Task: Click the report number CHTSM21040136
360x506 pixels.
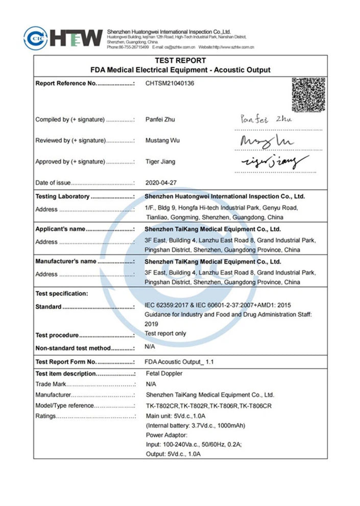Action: tap(170, 83)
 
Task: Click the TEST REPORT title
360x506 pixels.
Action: tap(180, 60)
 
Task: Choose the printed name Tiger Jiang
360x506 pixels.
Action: tap(160, 162)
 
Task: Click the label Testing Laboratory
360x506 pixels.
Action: tap(62, 196)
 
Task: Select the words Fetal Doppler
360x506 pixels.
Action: tap(164, 374)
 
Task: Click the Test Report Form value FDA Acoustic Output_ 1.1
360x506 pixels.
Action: tap(179, 362)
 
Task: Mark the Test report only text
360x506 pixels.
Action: tap(165, 333)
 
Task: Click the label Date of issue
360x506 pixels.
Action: tap(53, 182)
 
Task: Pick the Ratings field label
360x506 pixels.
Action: tap(45, 416)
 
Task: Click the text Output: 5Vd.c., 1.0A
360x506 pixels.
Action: tap(173, 454)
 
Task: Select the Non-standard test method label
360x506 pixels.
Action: tap(73, 348)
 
